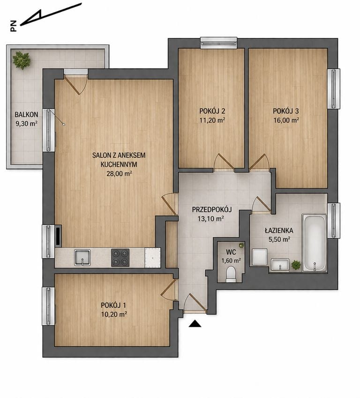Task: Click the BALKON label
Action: [x=26, y=114]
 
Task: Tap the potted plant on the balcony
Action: [x=22, y=60]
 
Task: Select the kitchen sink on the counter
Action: [x=82, y=258]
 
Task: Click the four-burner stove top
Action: [x=120, y=258]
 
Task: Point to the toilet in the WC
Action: [x=231, y=274]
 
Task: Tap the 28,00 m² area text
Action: [x=119, y=174]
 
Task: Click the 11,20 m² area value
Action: [x=212, y=120]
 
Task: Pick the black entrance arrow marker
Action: [x=195, y=324]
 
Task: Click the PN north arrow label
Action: [x=14, y=26]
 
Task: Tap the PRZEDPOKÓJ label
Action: [x=212, y=209]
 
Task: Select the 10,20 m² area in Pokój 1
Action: [x=114, y=315]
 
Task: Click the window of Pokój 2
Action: [x=218, y=43]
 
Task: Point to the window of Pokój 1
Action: [x=48, y=306]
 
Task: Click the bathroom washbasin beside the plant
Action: [x=280, y=265]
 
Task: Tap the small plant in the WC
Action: [x=241, y=245]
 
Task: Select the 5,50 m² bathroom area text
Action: [x=279, y=239]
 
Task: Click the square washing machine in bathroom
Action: [x=260, y=257]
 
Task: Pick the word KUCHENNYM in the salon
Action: [x=119, y=164]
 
